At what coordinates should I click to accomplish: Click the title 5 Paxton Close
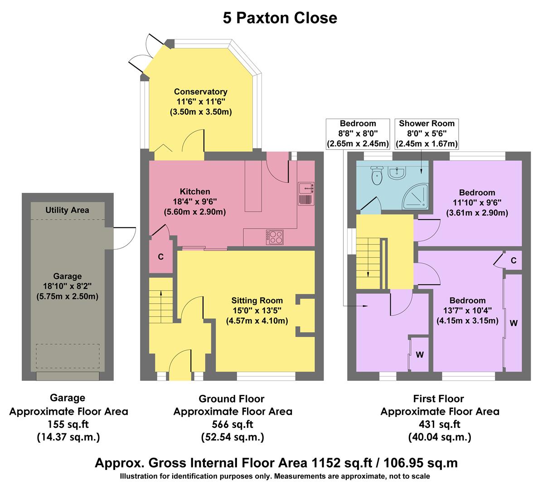(x=280, y=18)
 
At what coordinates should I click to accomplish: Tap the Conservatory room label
(x=200, y=92)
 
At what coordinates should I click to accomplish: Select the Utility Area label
(x=68, y=210)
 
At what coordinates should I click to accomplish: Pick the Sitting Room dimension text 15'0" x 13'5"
(x=257, y=311)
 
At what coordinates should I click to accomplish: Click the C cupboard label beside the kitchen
(x=160, y=257)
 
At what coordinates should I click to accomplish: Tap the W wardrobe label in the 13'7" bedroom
(x=513, y=323)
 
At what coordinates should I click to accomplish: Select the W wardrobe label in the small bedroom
(x=420, y=355)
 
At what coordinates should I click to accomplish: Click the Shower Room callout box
(x=426, y=134)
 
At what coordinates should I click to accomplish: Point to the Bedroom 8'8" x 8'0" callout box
(x=358, y=134)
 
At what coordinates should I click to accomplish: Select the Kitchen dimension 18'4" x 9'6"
(x=195, y=201)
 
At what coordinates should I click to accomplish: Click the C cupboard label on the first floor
(x=513, y=261)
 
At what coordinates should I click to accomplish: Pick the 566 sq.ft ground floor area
(x=232, y=424)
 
